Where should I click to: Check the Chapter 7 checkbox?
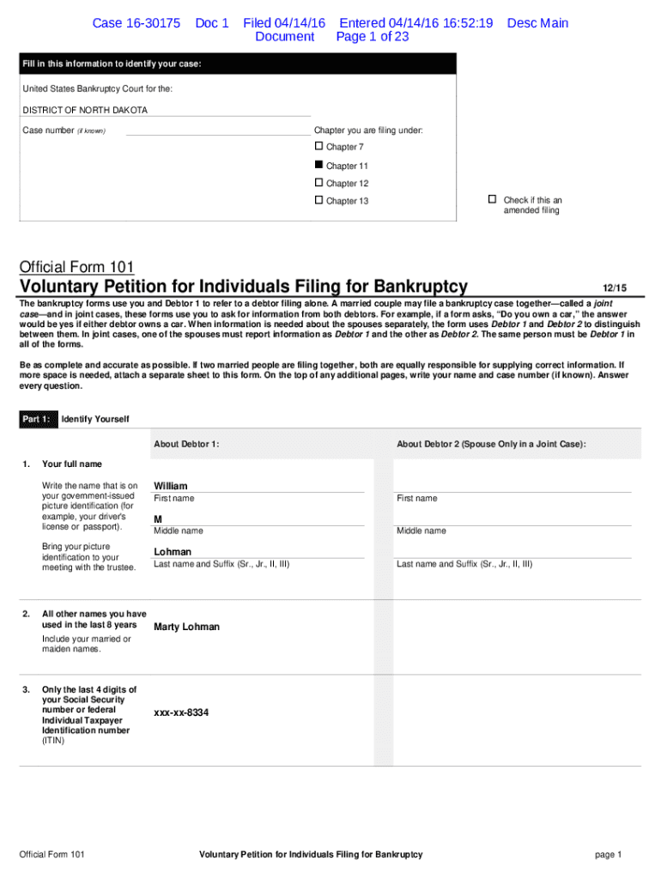pyautogui.click(x=319, y=147)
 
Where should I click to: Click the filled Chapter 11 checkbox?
pyautogui.click(x=319, y=165)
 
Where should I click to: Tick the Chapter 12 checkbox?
pyautogui.click(x=319, y=183)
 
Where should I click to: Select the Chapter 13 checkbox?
pyautogui.click(x=319, y=200)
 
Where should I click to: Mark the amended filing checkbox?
pyautogui.click(x=492, y=199)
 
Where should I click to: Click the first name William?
pyautogui.click(x=170, y=486)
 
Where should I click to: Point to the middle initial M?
pyautogui.click(x=158, y=519)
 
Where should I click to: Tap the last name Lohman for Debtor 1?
pyautogui.click(x=173, y=552)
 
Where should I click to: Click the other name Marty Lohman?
pyautogui.click(x=186, y=627)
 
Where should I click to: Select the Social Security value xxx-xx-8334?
pyautogui.click(x=181, y=712)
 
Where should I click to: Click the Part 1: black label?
pyautogui.click(x=37, y=419)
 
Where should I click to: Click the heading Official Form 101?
pyautogui.click(x=76, y=267)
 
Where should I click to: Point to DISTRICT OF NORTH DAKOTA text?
pyautogui.click(x=85, y=111)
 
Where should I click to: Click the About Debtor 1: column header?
pyautogui.click(x=186, y=444)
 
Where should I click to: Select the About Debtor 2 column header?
pyautogui.click(x=491, y=444)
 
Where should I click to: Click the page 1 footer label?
pyautogui.click(x=607, y=854)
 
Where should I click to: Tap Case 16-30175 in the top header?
pyautogui.click(x=136, y=23)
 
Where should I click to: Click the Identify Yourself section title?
pyautogui.click(x=95, y=419)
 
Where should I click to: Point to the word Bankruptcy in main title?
pyautogui.click(x=412, y=287)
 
